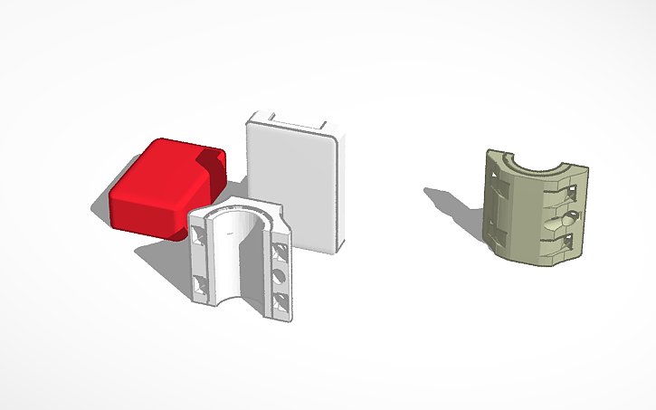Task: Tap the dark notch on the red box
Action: click(x=212, y=167)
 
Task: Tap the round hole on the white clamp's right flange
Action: click(x=280, y=273)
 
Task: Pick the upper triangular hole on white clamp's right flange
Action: click(x=280, y=246)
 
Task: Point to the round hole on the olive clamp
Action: click(x=566, y=216)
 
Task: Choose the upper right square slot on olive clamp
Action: click(x=571, y=191)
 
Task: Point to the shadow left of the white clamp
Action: click(x=167, y=262)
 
